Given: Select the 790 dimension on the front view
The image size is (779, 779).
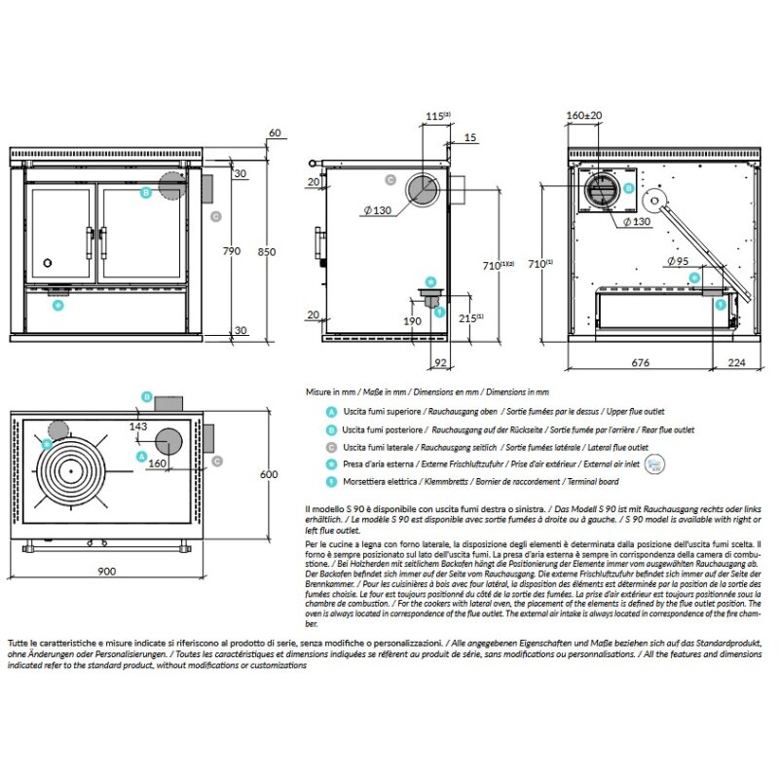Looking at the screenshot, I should coord(231,250).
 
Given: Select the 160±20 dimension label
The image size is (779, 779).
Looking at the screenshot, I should coord(584,115).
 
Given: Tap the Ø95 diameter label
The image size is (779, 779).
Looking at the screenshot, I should coord(678,261).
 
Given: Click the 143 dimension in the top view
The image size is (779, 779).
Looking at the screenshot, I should coord(138,427).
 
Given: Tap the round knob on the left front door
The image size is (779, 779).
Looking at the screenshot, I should coord(46,263).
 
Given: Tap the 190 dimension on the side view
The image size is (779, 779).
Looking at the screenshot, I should coord(412,320).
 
